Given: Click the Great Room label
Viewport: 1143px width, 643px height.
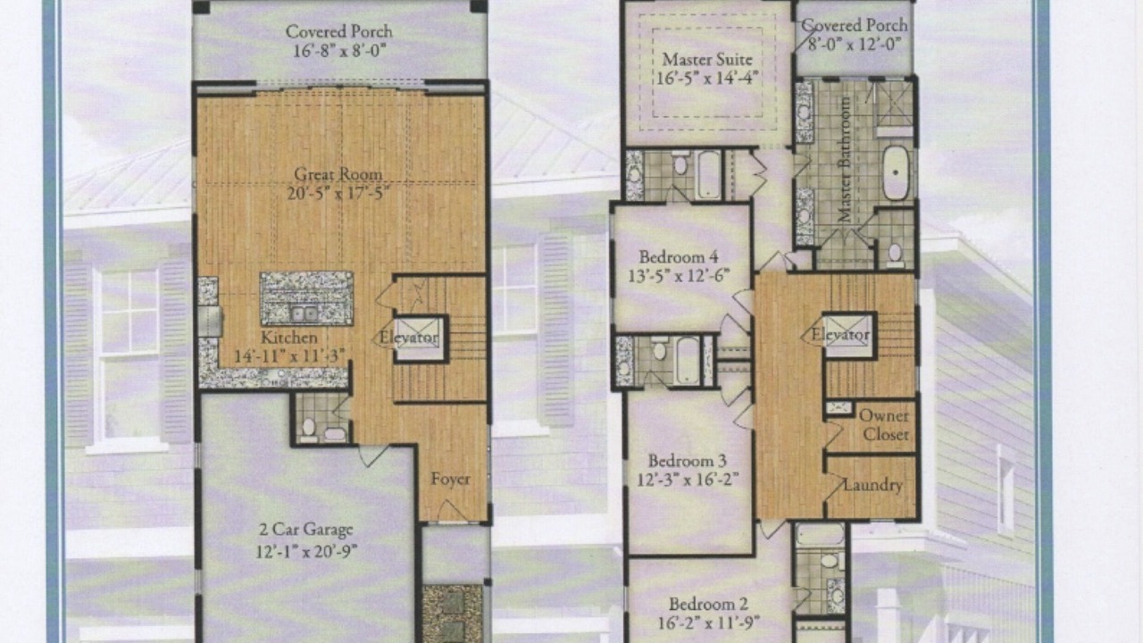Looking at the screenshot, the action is click(x=338, y=174).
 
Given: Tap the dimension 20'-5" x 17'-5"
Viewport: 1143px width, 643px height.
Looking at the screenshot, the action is click(x=338, y=194).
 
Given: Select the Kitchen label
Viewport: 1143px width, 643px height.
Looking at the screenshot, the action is click(x=288, y=338).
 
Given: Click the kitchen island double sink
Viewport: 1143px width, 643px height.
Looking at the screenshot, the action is click(x=305, y=313).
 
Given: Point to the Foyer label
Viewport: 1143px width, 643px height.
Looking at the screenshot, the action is click(x=450, y=480).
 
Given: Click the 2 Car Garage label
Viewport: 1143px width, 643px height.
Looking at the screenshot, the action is click(x=306, y=530).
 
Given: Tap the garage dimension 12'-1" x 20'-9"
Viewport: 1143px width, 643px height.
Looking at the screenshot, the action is click(x=306, y=551).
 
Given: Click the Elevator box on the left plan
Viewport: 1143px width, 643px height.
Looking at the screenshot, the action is click(x=421, y=338).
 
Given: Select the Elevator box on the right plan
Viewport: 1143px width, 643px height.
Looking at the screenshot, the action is click(x=848, y=335).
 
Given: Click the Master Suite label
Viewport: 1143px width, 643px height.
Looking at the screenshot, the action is click(x=707, y=60).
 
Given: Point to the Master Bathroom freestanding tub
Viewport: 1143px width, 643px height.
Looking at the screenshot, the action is click(x=896, y=173).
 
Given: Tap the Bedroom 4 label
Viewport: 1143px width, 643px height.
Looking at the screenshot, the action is click(x=680, y=256).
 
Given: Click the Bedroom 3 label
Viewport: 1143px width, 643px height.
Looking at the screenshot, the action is click(x=688, y=461).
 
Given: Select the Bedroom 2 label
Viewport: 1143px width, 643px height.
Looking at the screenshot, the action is click(x=709, y=605).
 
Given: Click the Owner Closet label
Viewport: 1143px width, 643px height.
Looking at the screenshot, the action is click(x=884, y=425).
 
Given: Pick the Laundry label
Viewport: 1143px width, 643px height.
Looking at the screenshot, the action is click(x=872, y=485).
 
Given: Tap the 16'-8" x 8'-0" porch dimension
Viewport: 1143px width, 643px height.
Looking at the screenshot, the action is click(x=339, y=51).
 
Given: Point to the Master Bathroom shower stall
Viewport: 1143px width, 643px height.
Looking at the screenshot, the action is click(x=894, y=104).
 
